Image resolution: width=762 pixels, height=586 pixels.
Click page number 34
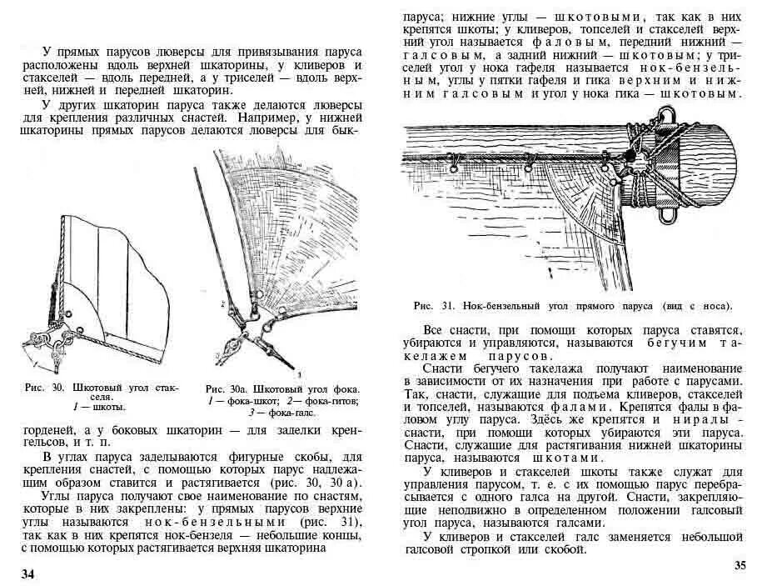[x=28, y=573]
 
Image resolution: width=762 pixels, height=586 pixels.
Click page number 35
[x=740, y=566]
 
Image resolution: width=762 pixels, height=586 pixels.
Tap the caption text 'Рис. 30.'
[x=46, y=388]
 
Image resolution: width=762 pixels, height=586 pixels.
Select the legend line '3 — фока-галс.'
[x=283, y=411]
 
